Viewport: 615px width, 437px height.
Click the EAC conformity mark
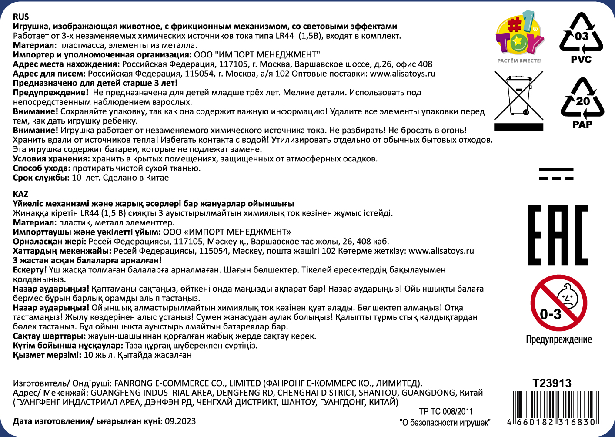click(558, 235)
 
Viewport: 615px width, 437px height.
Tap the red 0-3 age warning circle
click(558, 303)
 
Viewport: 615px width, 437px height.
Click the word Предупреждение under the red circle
click(558, 340)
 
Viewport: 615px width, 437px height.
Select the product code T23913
click(552, 383)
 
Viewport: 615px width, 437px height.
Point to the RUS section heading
click(21, 17)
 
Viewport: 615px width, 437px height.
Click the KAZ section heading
click(20, 194)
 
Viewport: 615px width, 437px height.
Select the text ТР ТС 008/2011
click(446, 411)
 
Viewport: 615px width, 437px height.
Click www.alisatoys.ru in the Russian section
click(402, 74)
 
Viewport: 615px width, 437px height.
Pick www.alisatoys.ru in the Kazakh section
click(441, 251)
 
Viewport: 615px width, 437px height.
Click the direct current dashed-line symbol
click(556, 174)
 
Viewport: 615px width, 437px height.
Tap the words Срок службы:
click(41, 178)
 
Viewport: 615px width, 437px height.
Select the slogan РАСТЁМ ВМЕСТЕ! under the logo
click(519, 61)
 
